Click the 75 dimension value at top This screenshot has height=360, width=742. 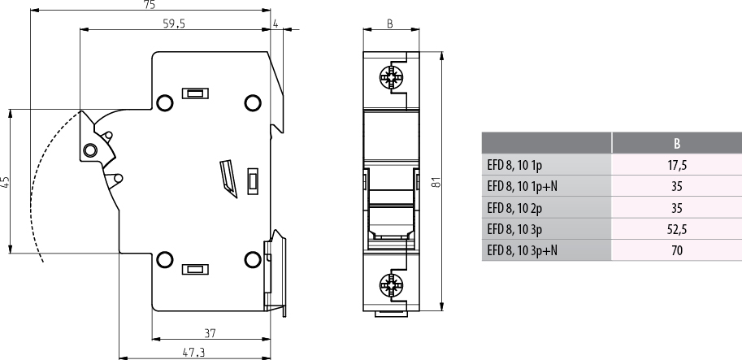[150, 5]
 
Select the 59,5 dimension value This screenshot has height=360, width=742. [174, 24]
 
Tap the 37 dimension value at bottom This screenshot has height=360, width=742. [210, 332]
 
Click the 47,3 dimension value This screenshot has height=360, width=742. [193, 352]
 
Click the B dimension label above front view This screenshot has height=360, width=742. [389, 24]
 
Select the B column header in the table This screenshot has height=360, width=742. [677, 144]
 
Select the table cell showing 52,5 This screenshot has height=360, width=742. [677, 229]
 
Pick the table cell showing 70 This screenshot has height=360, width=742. [677, 250]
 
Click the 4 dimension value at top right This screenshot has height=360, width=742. [276, 24]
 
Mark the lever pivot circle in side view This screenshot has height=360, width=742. [89, 149]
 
